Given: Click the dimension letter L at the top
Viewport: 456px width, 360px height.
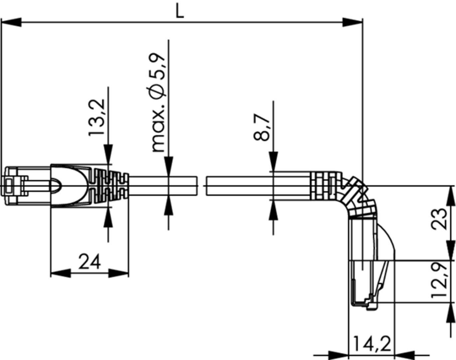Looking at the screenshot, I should [x=180, y=12].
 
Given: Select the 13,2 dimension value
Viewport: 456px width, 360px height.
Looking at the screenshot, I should [x=97, y=117].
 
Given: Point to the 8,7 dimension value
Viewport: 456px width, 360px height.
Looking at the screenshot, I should [x=262, y=127].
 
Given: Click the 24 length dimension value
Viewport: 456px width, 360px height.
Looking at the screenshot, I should [x=89, y=262].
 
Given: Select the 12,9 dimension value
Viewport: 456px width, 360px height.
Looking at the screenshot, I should [x=440, y=280].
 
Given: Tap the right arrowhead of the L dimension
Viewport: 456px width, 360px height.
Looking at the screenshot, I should [x=353, y=23].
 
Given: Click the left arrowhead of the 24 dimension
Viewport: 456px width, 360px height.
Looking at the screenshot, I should [x=60, y=273].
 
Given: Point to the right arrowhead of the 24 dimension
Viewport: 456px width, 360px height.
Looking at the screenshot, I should [x=119, y=273].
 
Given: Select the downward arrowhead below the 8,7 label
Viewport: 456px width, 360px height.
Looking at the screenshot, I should [x=273, y=162].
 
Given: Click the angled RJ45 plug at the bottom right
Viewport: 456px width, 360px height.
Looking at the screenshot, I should [x=366, y=283].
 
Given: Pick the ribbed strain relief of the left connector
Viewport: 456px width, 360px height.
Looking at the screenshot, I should [x=110, y=185].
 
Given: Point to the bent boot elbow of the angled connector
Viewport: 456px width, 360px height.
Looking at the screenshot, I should [x=358, y=198].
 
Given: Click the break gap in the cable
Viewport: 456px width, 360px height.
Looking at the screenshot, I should [x=202, y=185].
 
